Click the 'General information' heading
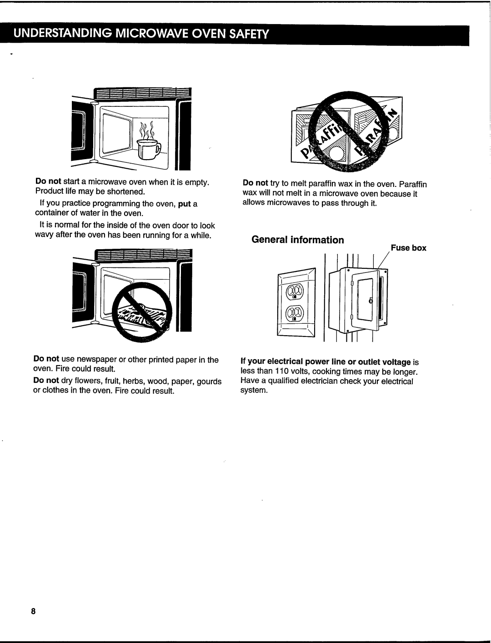298,240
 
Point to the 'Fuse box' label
408,248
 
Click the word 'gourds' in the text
210,382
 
